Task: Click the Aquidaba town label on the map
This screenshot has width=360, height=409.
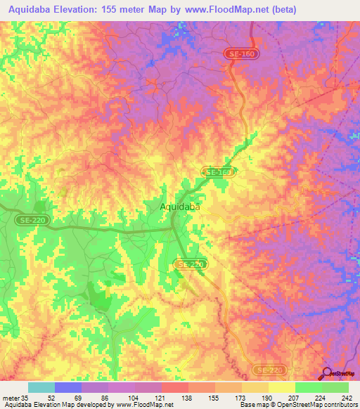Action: (180, 207)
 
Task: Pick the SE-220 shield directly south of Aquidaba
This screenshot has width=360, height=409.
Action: (188, 264)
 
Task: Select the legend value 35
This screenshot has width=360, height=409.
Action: (24, 398)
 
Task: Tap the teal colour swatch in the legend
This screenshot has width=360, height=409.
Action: (41, 387)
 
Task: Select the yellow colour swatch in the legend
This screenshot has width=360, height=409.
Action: (281, 387)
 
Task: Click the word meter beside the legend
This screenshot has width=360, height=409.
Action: (11, 398)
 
